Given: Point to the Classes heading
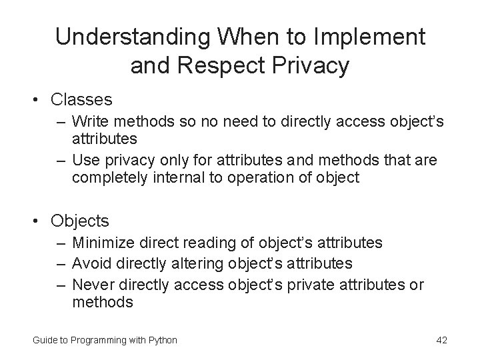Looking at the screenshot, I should (x=81, y=100).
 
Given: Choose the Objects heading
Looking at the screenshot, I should (x=81, y=221).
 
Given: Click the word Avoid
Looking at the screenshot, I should (x=89, y=264).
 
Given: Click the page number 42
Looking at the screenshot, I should (x=441, y=340).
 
